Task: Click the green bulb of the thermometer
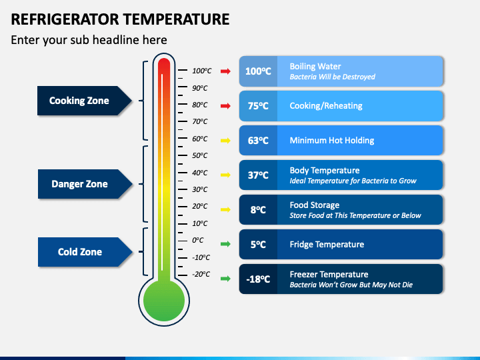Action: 164,301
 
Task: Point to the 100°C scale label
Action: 202,71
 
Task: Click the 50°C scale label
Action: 199,155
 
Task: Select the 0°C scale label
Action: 198,240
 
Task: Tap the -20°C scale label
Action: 201,274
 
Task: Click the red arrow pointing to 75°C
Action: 225,106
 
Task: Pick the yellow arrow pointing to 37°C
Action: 225,175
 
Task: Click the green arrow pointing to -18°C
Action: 225,279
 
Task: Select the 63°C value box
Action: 258,141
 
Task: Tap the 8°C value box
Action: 258,210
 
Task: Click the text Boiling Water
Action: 315,67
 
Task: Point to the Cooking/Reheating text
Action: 326,106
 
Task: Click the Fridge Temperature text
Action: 327,244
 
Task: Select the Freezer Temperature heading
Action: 329,274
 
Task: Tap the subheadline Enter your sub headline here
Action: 89,40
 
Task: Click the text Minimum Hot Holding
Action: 332,141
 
